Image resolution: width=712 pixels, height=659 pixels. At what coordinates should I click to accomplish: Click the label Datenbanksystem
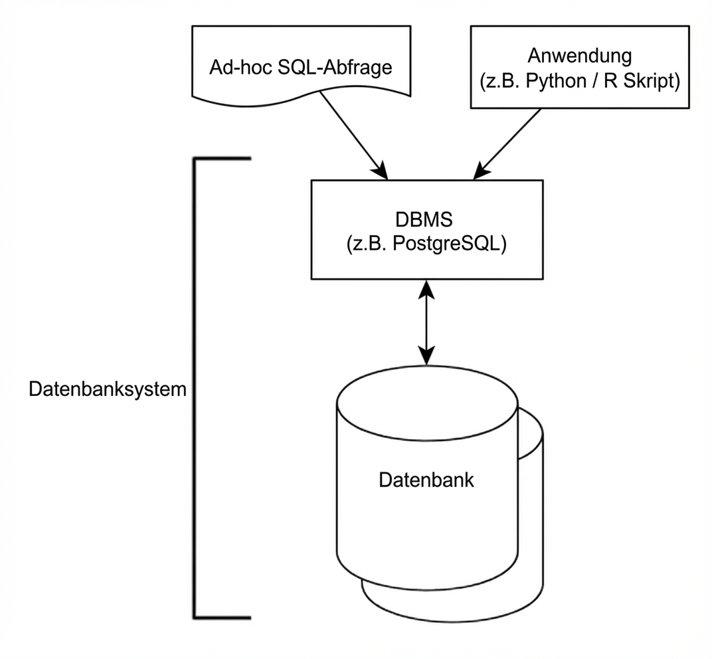pos(108,389)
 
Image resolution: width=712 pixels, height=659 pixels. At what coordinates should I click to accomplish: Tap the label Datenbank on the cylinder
pos(426,480)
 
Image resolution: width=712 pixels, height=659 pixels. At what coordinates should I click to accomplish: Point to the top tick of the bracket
pos(223,159)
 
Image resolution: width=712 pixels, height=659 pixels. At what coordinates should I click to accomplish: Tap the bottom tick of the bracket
pos(223,618)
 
